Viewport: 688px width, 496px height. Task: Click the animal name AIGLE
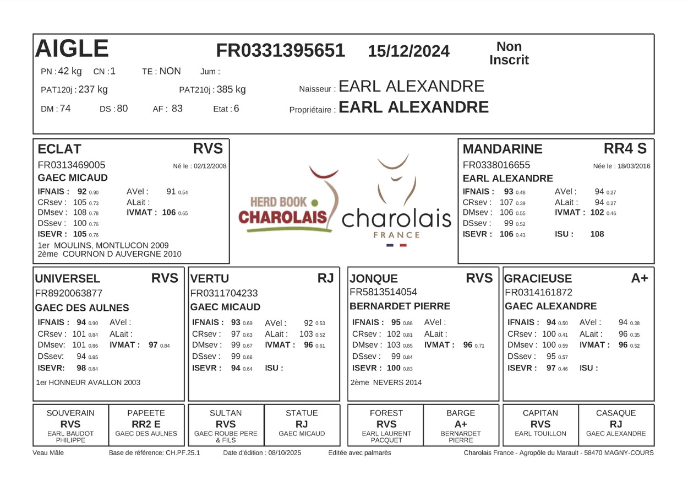coord(72,49)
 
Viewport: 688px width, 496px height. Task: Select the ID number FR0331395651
coord(280,51)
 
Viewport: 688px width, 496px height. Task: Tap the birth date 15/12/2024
coord(408,51)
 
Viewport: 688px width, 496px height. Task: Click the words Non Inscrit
coord(509,53)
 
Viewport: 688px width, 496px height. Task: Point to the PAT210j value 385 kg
coord(231,89)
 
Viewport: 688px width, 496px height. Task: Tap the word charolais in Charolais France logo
coord(396,219)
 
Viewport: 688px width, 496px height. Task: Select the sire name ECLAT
coord(59,149)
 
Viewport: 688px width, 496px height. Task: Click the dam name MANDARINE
coord(503,149)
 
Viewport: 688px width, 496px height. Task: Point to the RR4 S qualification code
coord(625,148)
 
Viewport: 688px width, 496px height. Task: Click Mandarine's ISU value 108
coord(597,234)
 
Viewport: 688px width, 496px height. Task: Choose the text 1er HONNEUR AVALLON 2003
coord(88,382)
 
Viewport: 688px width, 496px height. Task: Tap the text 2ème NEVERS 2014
coord(386,382)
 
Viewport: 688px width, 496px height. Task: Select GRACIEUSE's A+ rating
coord(640,278)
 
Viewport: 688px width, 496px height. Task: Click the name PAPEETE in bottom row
coord(146,413)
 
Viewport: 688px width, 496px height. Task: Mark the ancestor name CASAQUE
coord(616,413)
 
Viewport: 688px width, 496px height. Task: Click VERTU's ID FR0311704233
coord(224,293)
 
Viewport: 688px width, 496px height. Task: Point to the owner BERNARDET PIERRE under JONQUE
coord(400,306)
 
